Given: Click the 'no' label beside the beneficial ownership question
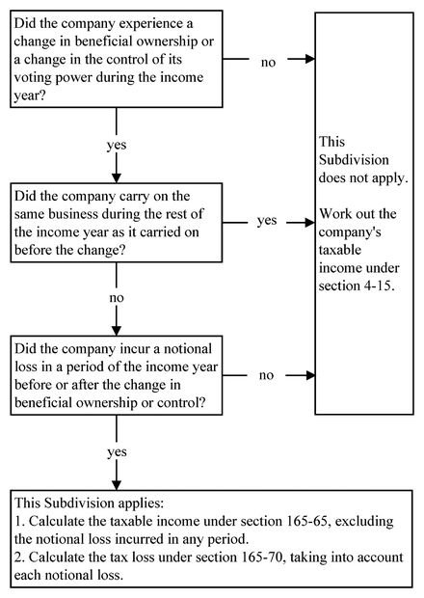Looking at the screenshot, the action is point(268,62).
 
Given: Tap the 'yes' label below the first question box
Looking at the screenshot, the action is point(117,146).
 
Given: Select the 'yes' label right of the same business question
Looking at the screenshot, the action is point(267,221).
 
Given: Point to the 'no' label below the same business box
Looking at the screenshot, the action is point(117,297).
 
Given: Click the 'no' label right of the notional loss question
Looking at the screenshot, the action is point(266,375).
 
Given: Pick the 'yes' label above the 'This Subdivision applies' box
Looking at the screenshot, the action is point(117,452).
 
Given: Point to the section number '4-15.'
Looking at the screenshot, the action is point(379,286).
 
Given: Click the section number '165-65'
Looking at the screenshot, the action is point(304,521).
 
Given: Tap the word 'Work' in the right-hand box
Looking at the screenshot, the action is point(334,213).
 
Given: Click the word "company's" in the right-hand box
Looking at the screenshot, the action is point(350,232).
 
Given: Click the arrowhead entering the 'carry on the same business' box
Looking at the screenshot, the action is point(117,178).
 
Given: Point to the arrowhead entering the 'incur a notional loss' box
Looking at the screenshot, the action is point(117,331).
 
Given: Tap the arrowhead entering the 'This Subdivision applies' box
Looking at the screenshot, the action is point(117,485).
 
